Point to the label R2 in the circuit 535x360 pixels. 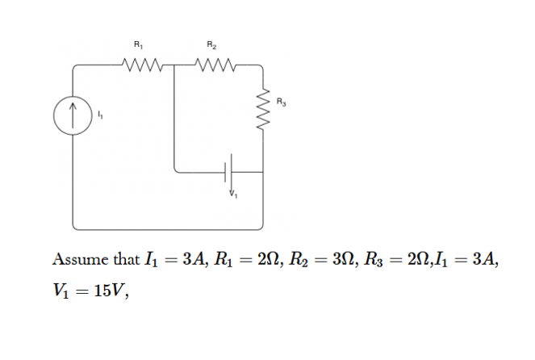click(211, 44)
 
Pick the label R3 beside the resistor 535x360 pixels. click(281, 102)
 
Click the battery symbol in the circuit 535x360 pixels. click(230, 171)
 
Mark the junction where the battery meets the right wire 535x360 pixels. click(263, 171)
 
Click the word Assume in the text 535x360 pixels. click(79, 260)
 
